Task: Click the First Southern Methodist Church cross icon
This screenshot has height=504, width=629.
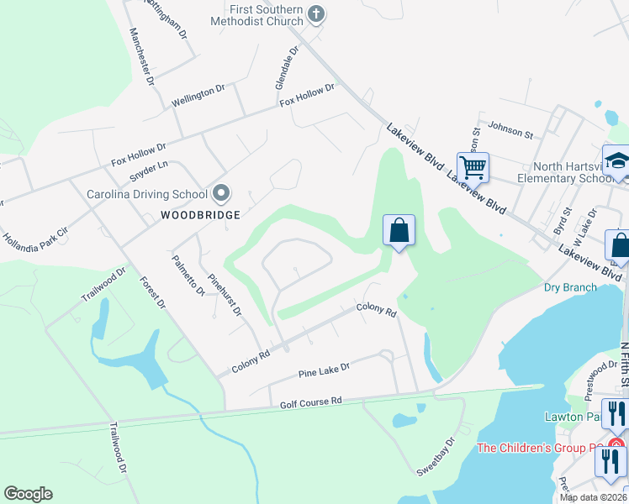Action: tap(317, 13)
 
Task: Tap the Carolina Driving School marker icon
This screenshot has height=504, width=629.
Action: tap(221, 194)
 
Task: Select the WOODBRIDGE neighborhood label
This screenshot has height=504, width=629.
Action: tap(201, 215)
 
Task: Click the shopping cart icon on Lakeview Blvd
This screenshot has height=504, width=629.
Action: tap(473, 167)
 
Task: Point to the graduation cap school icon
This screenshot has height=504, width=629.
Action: tap(616, 160)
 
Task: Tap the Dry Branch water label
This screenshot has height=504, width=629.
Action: tap(570, 287)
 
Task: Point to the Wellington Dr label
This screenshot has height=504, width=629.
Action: tap(198, 95)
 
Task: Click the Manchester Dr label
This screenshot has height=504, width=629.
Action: tap(141, 57)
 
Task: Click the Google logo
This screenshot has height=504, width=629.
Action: tap(28, 494)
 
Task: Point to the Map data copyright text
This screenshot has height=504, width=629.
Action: tap(593, 497)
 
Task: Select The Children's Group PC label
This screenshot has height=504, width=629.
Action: tap(540, 448)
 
